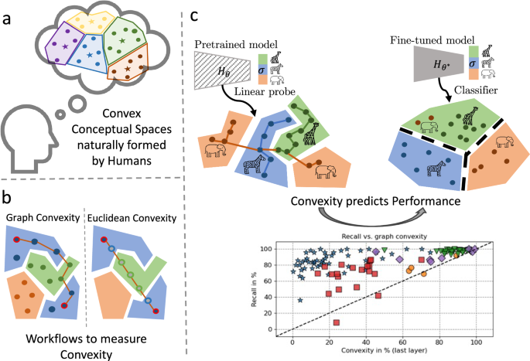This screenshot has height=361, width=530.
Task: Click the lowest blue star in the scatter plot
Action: point(300,300)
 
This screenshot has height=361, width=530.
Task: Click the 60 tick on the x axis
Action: point(402,340)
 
